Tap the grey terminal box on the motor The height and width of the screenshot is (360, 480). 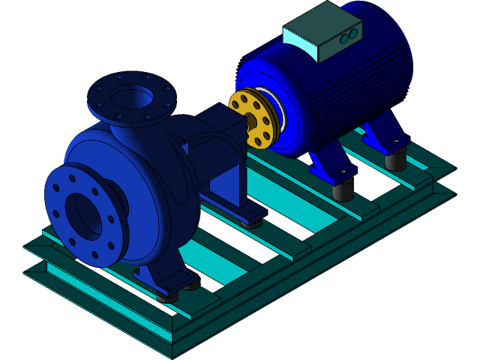[322, 32]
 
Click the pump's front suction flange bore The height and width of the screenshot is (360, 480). [83, 215]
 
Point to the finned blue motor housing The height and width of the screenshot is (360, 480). [352, 90]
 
